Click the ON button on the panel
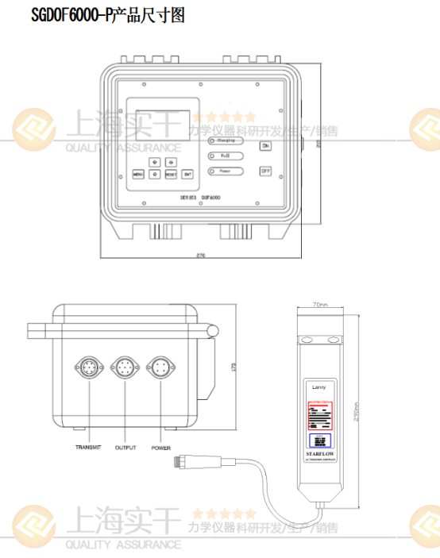pos(265,146)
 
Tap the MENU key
pos(137,174)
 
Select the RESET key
pos(171,174)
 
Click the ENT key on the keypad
pos(187,174)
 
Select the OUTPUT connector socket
pos(125,368)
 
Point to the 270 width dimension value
pos(200,256)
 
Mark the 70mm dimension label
pos(320,304)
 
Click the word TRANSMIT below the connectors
pos(89,448)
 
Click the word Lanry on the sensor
pos(321,388)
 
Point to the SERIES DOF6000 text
pos(200,197)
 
